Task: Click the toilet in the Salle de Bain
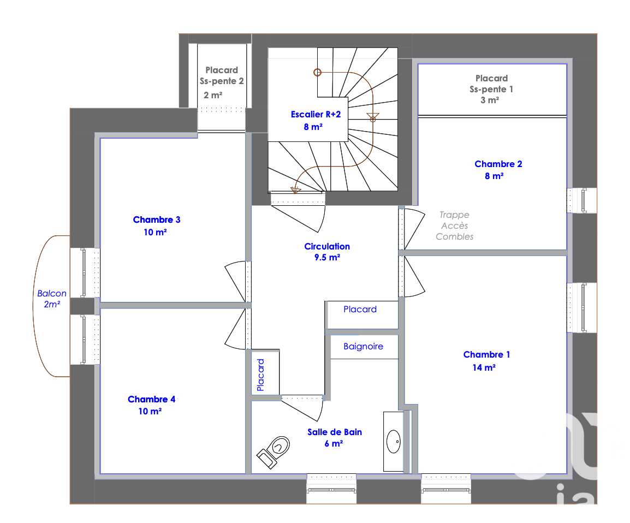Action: [274, 452]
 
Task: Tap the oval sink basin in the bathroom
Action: [394, 442]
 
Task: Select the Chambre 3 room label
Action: [156, 226]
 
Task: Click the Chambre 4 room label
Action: [151, 405]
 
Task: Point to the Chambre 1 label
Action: [486, 361]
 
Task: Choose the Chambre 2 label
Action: [498, 170]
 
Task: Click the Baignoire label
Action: [363, 346]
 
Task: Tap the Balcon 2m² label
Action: [52, 299]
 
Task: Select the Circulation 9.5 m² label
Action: [327, 252]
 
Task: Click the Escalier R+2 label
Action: [316, 121]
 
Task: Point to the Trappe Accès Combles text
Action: [454, 226]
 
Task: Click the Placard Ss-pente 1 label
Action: [491, 89]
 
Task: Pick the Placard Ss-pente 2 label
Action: [222, 82]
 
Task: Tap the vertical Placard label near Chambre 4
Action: [260, 375]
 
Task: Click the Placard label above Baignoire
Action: [360, 310]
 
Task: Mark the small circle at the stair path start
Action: [317, 72]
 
